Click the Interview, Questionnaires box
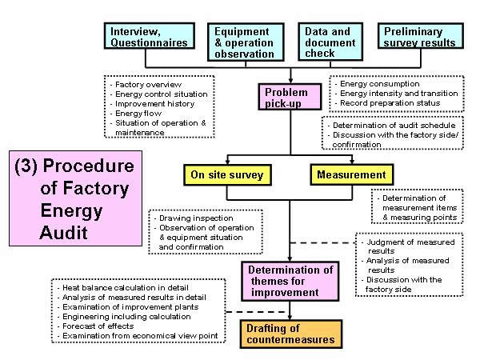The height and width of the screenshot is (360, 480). point(150,36)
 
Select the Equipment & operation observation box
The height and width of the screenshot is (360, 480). point(246,42)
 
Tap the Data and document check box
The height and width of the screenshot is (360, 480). point(330,42)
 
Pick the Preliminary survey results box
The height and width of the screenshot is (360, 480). point(421,36)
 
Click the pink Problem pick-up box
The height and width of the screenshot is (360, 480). point(290,97)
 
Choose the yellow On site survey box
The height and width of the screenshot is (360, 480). point(227,174)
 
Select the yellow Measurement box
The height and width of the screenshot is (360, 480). point(352,174)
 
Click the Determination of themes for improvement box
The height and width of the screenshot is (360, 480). point(290,281)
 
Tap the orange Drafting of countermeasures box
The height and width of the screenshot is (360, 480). point(291,334)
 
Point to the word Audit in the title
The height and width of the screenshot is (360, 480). point(64,233)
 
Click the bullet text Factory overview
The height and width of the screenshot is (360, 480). point(149,85)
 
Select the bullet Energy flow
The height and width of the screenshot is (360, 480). point(138,114)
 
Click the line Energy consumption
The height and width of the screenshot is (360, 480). point(380,84)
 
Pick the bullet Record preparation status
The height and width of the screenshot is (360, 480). point(390,103)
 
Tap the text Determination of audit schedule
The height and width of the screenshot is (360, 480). point(394,126)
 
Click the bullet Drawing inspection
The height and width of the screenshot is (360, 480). point(196,218)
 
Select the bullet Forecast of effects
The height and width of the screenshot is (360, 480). point(98,326)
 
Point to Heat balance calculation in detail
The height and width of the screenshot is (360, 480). point(126,288)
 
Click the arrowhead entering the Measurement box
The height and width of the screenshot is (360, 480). point(352,162)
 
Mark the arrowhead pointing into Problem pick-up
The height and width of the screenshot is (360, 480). point(290,81)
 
